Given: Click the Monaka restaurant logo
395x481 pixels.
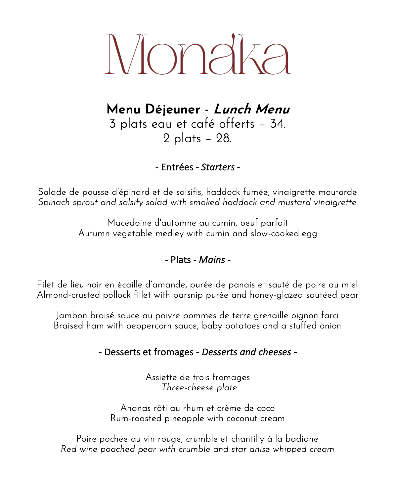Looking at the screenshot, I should click(198, 54).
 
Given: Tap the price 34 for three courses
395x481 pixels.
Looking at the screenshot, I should click(277, 124).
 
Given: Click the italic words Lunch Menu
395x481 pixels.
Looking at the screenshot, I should click(251, 109).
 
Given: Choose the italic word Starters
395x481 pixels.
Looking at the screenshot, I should click(218, 167).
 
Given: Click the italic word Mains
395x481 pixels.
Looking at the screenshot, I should click(212, 260).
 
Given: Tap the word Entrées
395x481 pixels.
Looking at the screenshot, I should click(177, 167).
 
